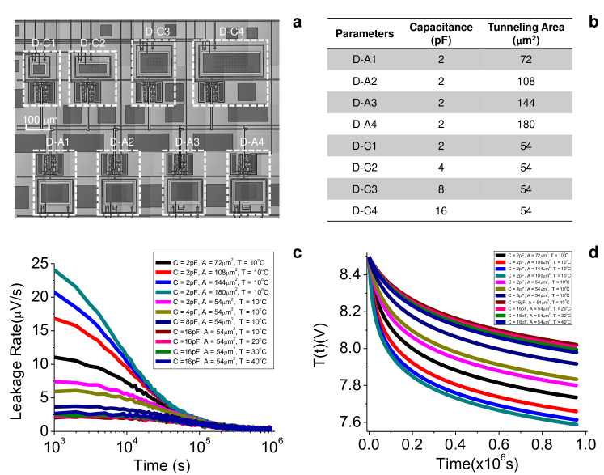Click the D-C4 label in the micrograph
click(x=230, y=32)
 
